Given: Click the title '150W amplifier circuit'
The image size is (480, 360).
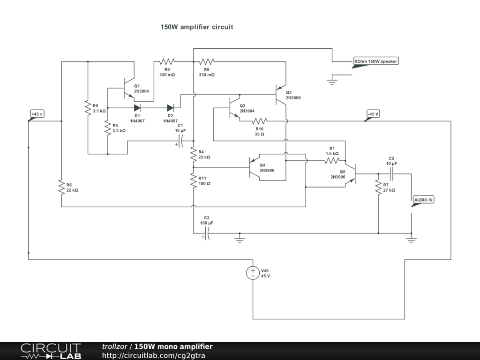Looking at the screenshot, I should point(197,27).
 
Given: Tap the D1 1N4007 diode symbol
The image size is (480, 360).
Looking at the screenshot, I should point(137,108).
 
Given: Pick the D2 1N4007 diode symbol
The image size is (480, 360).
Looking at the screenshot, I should point(170,108).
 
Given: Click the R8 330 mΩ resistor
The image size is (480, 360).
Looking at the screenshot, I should point(167,61).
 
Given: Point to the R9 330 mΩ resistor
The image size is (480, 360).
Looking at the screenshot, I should point(206,61).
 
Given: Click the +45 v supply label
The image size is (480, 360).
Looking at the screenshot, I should point(37,114).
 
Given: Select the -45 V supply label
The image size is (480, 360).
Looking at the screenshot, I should point(373,114).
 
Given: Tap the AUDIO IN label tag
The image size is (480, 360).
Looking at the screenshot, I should point(423,200).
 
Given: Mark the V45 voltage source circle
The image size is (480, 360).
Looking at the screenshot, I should point(253,273).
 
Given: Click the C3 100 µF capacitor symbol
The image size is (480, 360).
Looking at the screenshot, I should point(207,233).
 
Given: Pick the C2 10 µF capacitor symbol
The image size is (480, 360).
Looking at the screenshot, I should point(392,174).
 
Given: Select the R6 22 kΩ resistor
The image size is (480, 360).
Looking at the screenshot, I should point(61,187).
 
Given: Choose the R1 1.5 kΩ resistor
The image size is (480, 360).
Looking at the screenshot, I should point(331,161).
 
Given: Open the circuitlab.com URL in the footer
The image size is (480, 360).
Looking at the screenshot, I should point(153,355).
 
